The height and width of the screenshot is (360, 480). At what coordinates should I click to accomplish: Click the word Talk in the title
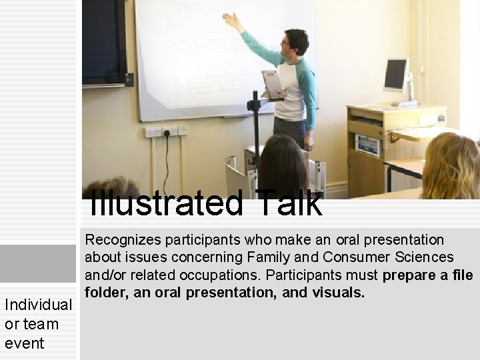(x=287, y=204)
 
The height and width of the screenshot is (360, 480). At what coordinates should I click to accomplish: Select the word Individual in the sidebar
(x=38, y=305)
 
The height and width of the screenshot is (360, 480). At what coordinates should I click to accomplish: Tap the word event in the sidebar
(x=24, y=343)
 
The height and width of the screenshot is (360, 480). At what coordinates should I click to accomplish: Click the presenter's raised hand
(x=231, y=21)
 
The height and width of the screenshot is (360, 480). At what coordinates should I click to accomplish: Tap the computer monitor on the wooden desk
(x=396, y=76)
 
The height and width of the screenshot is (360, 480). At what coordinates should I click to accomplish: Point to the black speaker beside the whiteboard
(x=104, y=43)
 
